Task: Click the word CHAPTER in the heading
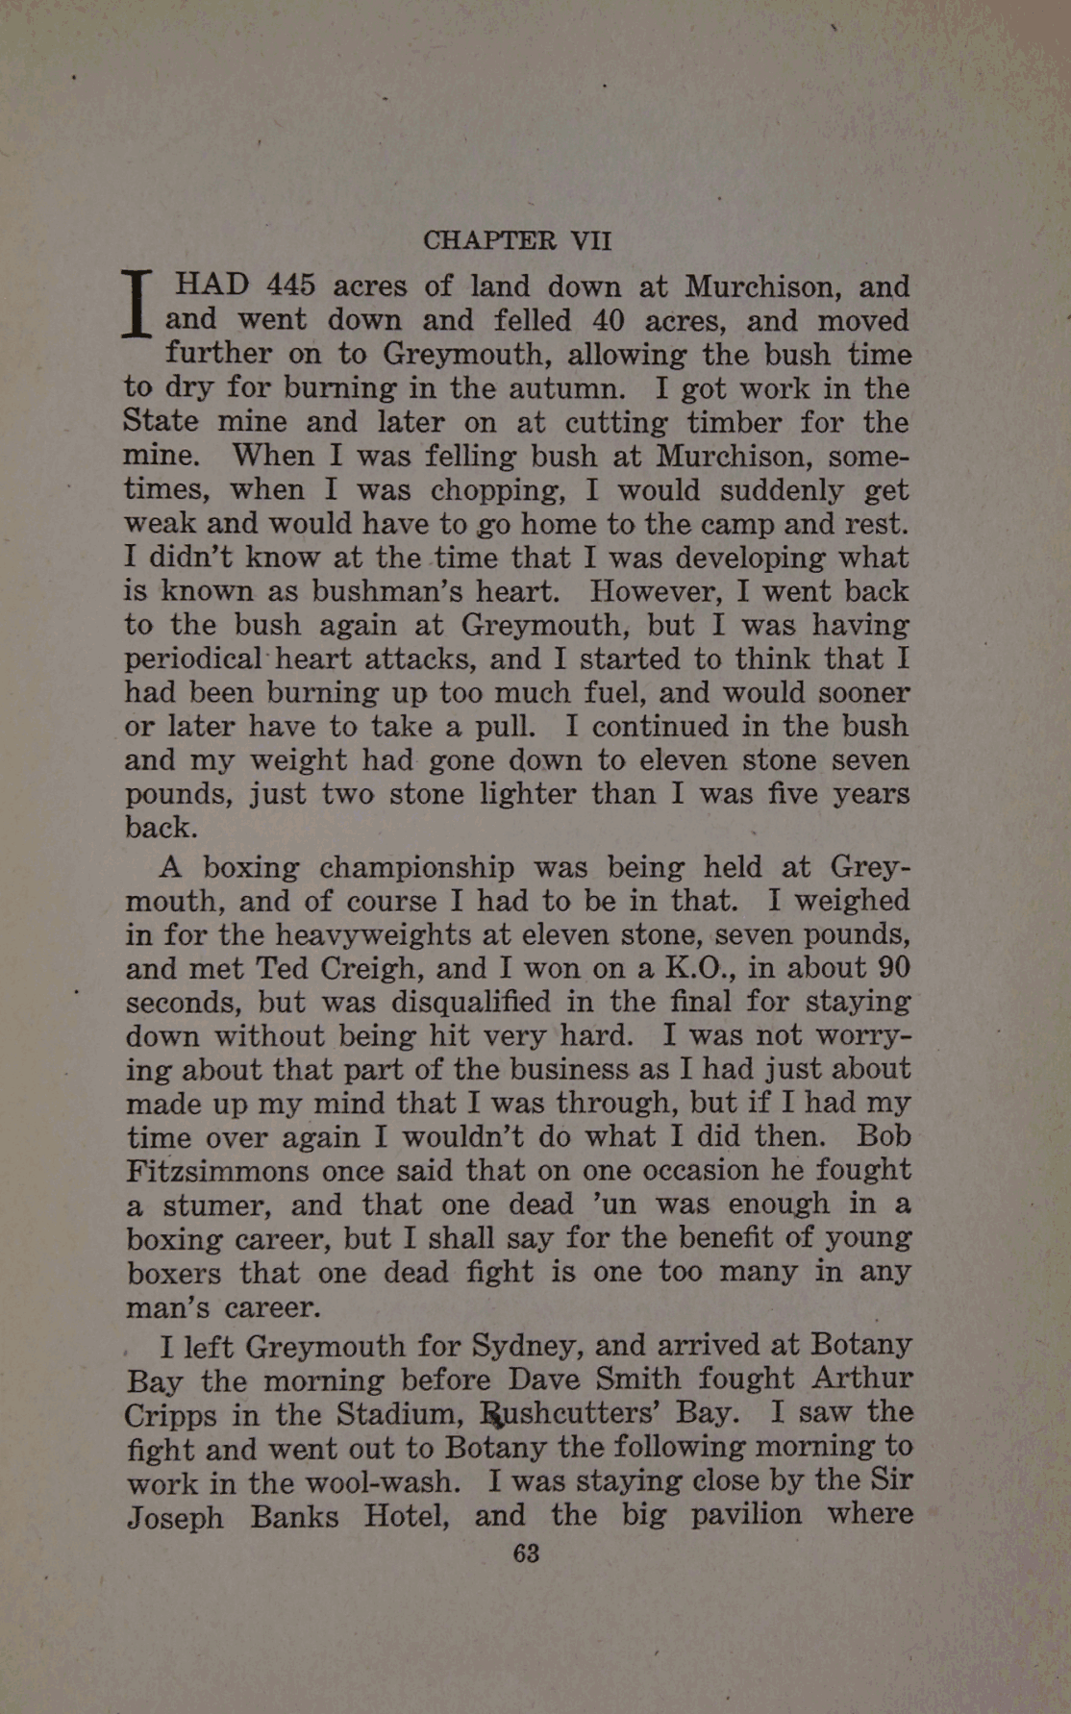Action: pos(489,239)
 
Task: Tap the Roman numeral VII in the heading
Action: pos(590,239)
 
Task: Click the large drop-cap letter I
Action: pos(138,303)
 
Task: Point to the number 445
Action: pos(289,286)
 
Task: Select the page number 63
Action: pos(526,1553)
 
